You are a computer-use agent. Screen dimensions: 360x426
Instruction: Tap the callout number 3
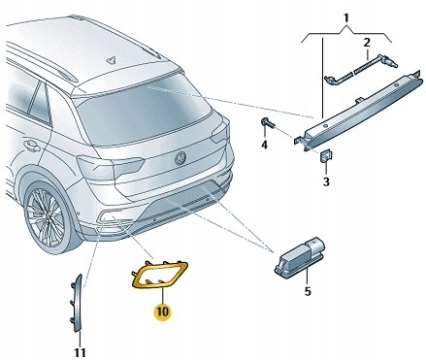click(326, 181)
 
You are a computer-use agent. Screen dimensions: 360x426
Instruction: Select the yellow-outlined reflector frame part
click(158, 276)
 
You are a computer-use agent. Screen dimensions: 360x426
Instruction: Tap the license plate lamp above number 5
click(301, 258)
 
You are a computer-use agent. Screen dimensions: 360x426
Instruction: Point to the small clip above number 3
click(326, 156)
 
